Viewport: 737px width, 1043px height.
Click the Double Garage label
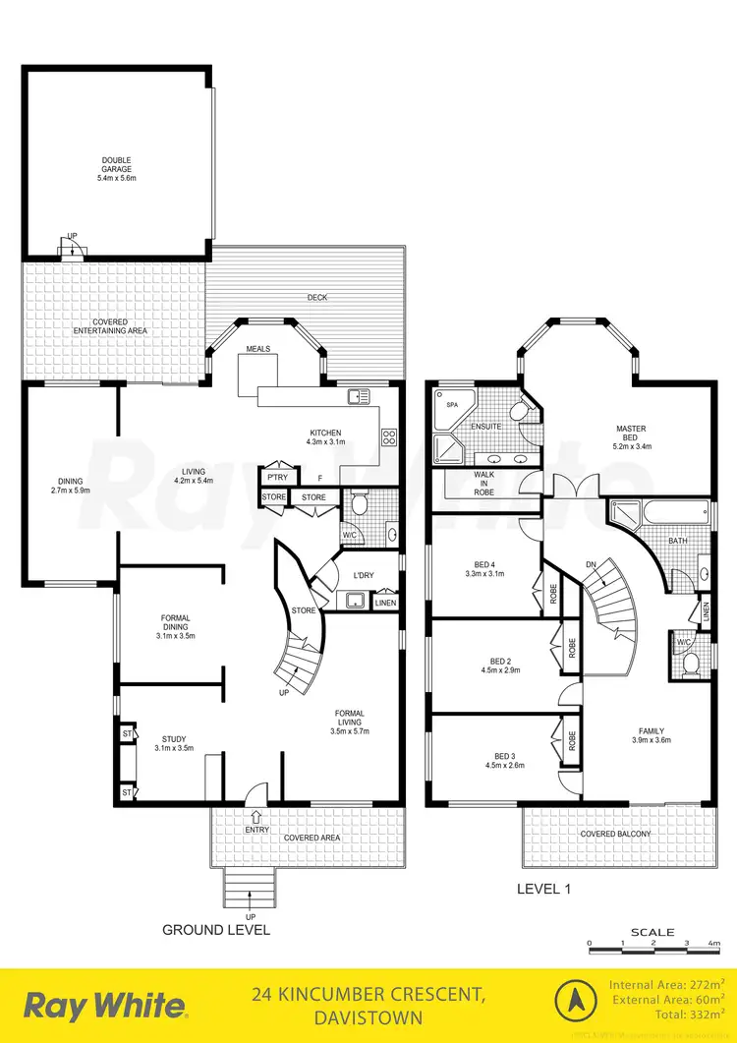pos(116,169)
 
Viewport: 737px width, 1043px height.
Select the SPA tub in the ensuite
pos(453,405)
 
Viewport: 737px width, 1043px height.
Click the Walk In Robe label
pos(483,483)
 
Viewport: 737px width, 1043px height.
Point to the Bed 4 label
pos(483,567)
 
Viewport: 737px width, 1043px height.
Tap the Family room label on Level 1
pos(651,735)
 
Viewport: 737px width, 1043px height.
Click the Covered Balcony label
pos(615,834)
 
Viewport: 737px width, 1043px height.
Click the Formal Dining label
pos(176,626)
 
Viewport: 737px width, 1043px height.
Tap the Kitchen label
pos(325,437)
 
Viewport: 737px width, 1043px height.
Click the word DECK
pos(316,297)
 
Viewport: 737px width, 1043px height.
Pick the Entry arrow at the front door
pos(257,816)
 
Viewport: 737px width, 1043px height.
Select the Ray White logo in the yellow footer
pos(105,1005)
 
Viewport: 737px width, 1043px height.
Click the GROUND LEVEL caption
pos(216,929)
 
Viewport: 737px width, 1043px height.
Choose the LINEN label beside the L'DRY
pos(386,603)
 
